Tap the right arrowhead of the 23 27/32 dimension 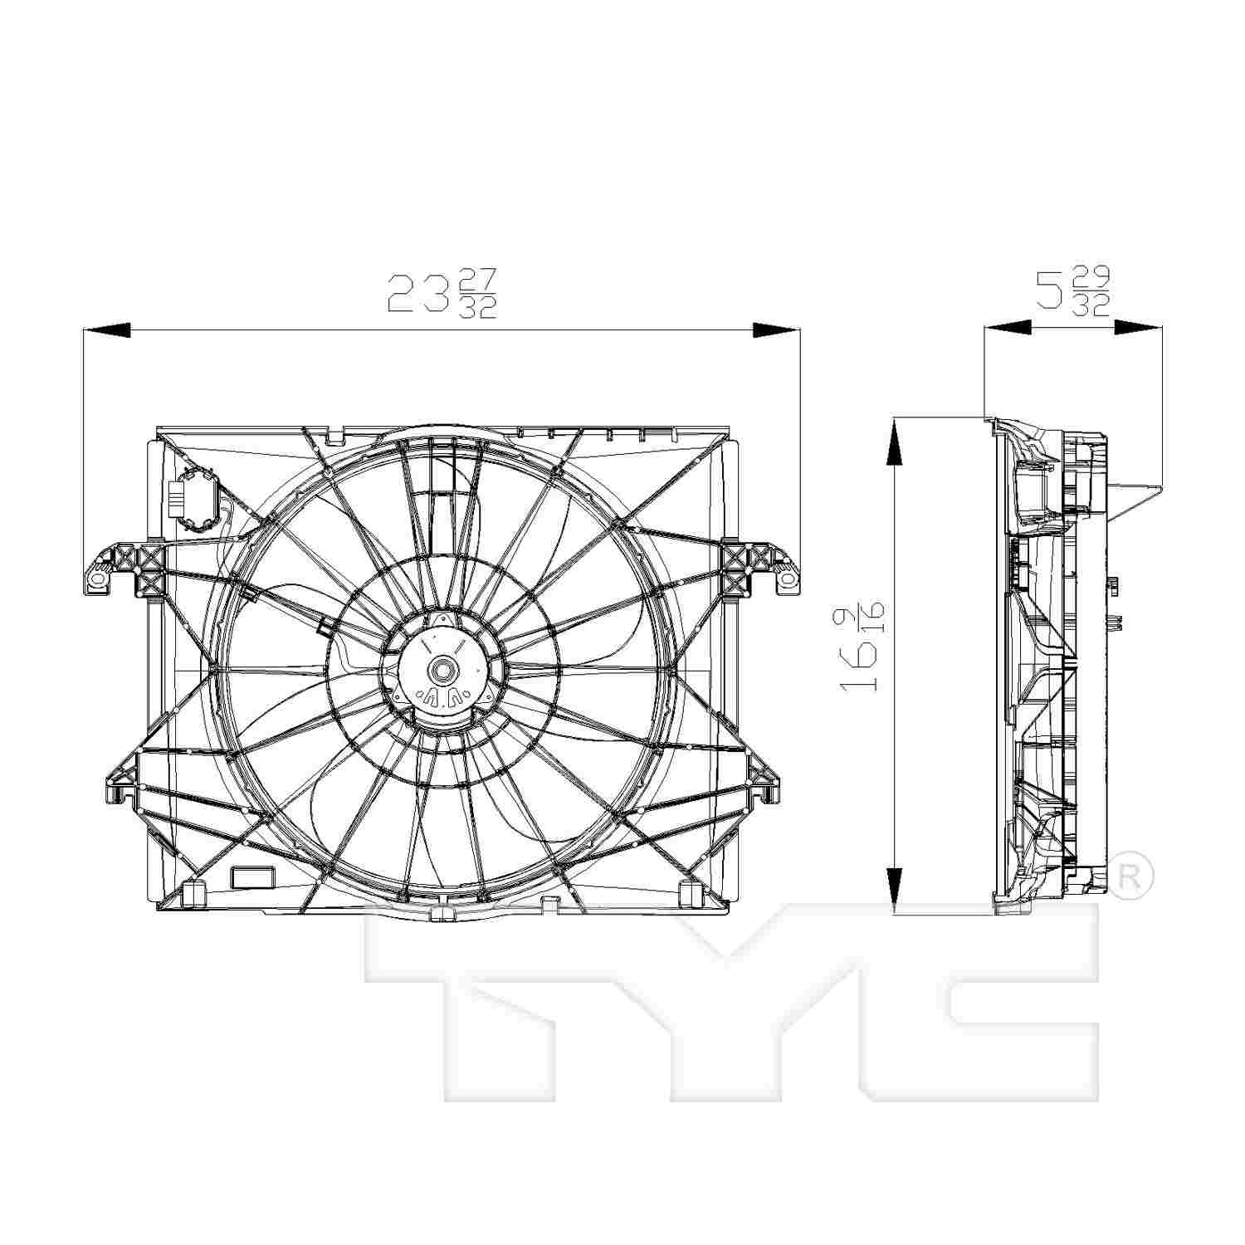point(776,330)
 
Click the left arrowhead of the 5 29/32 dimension point(1007,328)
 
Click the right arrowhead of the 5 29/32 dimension point(1138,328)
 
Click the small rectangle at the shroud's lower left point(250,876)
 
